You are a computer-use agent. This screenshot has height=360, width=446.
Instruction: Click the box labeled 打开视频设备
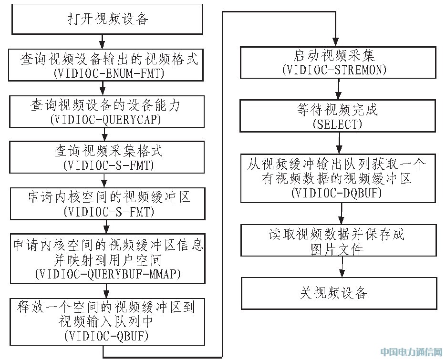107,20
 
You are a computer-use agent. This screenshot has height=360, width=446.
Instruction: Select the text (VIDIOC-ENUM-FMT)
109,73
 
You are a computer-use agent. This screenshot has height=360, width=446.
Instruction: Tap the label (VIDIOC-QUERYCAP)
105,119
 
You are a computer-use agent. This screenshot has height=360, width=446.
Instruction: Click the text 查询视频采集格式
108,150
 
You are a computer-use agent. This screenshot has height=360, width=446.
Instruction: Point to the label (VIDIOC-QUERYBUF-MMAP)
108,274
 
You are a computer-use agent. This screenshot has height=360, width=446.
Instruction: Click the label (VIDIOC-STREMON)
334,70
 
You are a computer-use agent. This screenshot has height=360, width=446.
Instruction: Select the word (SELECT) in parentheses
337,124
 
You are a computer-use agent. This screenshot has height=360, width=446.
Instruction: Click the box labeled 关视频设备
339,293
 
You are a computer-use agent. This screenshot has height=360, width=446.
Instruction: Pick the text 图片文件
337,249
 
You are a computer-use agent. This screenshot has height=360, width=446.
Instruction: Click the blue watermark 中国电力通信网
412,352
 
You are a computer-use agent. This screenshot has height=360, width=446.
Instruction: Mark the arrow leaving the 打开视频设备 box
102,41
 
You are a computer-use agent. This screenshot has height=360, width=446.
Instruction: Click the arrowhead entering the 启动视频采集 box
336,42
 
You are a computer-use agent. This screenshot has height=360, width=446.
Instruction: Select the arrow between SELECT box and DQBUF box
339,143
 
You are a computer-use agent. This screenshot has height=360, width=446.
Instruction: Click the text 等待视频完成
337,110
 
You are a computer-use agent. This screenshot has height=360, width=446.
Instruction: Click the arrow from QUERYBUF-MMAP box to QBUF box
107,290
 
